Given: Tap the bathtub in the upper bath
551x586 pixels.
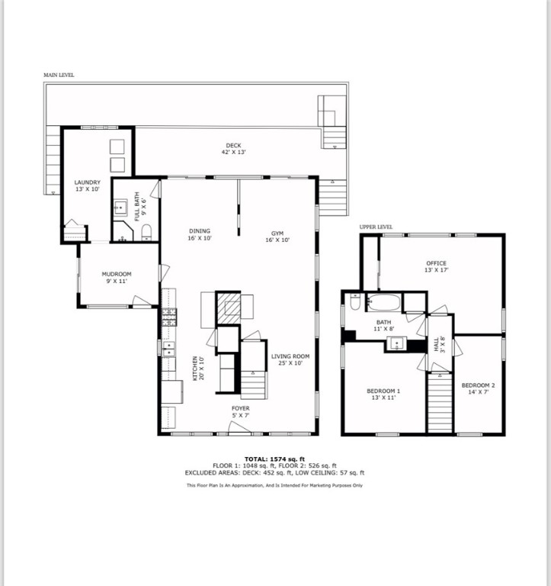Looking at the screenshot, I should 384,302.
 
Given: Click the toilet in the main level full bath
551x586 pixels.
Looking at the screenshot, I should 147,230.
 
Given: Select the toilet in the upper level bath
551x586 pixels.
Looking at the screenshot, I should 354,302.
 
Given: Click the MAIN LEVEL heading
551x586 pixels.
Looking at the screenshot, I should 59,76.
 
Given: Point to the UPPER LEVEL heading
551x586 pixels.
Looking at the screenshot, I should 376,227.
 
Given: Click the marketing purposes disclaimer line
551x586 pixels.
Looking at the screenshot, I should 275,485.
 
